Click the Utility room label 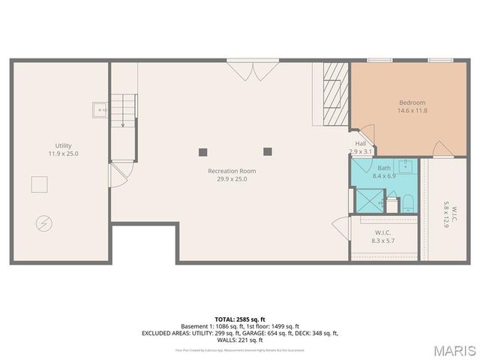coord(63,145)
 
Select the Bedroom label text coord(412,103)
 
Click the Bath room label coord(384,168)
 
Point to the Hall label coord(361,144)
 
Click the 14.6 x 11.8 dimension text coord(412,111)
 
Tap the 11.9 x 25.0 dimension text coord(63,154)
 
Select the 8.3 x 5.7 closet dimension coord(382,241)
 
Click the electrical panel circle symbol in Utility coord(43,223)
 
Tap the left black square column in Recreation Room coord(202,151)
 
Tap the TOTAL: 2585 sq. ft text coord(239,319)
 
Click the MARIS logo coord(454,349)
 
